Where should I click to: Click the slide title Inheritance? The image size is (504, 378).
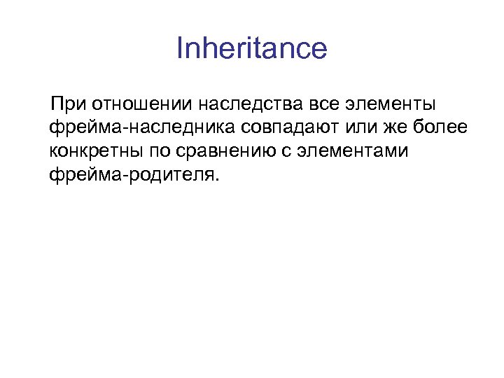[251, 49]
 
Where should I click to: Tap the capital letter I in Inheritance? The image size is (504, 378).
[179, 49]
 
